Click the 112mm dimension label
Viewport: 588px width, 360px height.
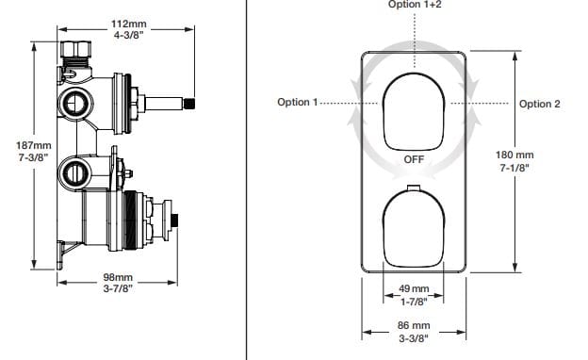point(128,24)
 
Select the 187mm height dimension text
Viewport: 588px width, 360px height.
point(34,145)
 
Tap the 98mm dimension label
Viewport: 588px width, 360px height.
point(118,277)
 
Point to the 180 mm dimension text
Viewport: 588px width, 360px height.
point(514,155)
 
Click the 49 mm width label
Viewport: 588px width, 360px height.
point(414,289)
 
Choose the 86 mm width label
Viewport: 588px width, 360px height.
point(414,325)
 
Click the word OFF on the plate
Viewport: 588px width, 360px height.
point(414,160)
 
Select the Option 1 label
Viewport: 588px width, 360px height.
point(298,102)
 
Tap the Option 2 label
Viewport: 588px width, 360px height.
point(539,104)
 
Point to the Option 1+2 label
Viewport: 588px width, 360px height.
point(415,5)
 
